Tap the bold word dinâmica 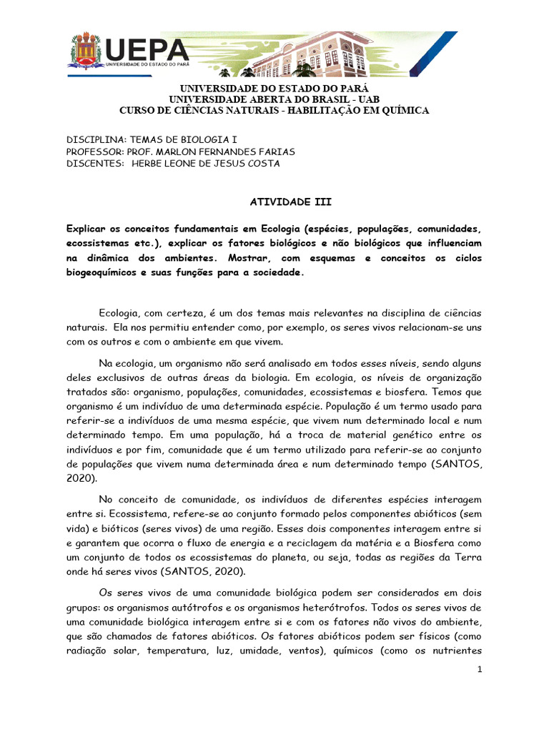coord(109,258)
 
